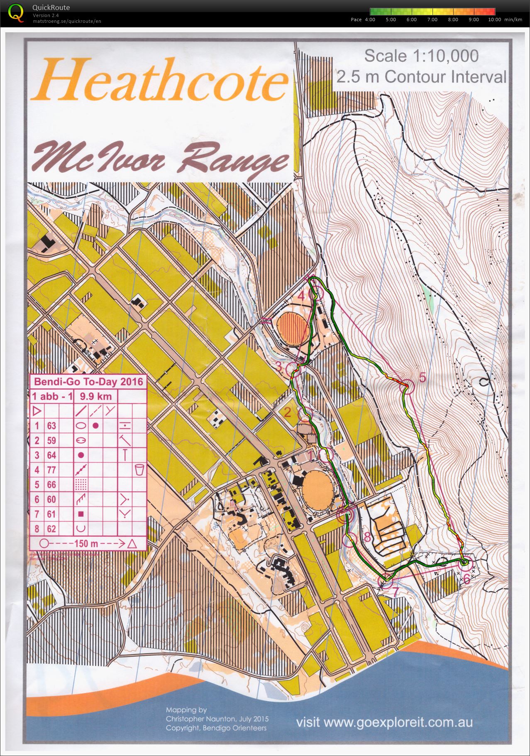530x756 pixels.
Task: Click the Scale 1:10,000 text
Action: point(421,56)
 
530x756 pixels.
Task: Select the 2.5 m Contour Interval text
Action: point(421,77)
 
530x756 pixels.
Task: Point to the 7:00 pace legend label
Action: point(432,20)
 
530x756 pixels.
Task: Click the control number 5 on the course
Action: point(423,377)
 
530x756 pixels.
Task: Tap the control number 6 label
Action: point(466,579)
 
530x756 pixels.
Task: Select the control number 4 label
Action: point(302,296)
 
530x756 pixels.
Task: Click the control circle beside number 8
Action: point(350,540)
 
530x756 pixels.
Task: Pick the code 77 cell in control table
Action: point(51,470)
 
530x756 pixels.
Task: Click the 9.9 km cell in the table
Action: point(95,396)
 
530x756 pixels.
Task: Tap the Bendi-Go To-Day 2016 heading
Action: point(88,381)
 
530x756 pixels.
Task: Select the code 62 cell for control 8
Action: point(51,529)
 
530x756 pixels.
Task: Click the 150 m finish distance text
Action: point(87,543)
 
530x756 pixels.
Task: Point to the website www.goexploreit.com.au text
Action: point(384,722)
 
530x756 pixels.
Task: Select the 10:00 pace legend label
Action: point(494,20)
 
